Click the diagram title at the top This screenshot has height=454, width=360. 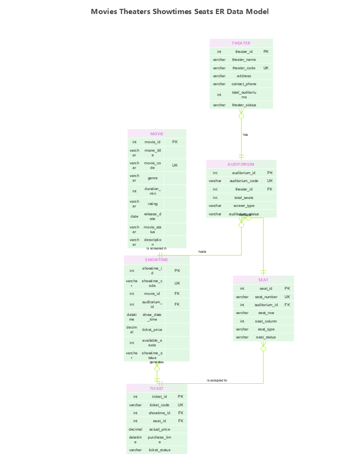pos(180,12)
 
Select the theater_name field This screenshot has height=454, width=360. pos(244,59)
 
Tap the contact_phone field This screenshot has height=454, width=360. pos(244,84)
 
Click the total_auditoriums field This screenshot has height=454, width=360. pos(244,95)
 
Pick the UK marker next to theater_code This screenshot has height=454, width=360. pos(266,68)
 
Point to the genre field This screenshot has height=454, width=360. pos(153,178)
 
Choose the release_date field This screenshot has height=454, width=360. pos(153,216)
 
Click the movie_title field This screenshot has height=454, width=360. pos(153,153)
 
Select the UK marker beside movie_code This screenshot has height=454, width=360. pos(175,165)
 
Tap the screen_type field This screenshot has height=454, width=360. pos(244,205)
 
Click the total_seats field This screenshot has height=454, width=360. pos(244,198)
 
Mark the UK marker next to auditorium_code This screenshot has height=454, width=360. pos(270,181)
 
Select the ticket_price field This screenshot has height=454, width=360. pos(152,330)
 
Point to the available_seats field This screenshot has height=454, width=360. pos(152,343)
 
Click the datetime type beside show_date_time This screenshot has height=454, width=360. pos(132,317)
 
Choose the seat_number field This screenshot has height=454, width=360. pos(266,297)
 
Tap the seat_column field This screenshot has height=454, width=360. pos(266,321)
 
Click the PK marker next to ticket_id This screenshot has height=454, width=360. pos(180,396)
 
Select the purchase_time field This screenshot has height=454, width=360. pos(160,439)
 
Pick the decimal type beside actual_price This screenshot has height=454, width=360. pos(135,429)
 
